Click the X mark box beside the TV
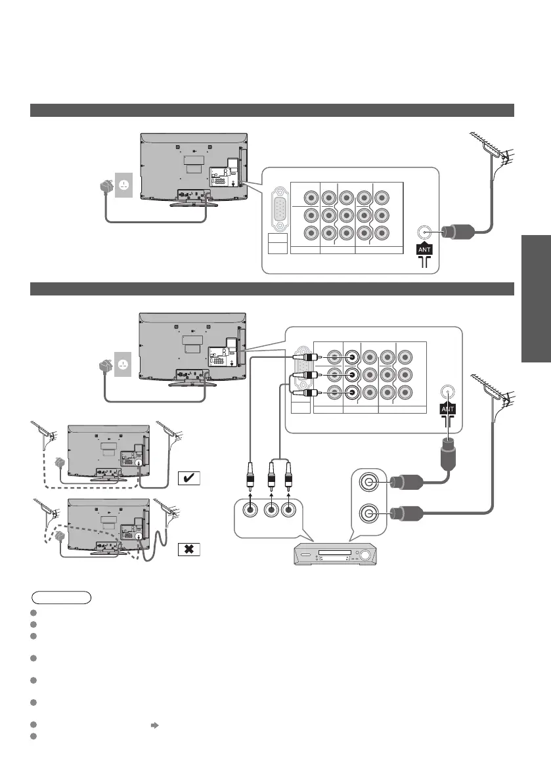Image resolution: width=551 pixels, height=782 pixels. pos(188,550)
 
